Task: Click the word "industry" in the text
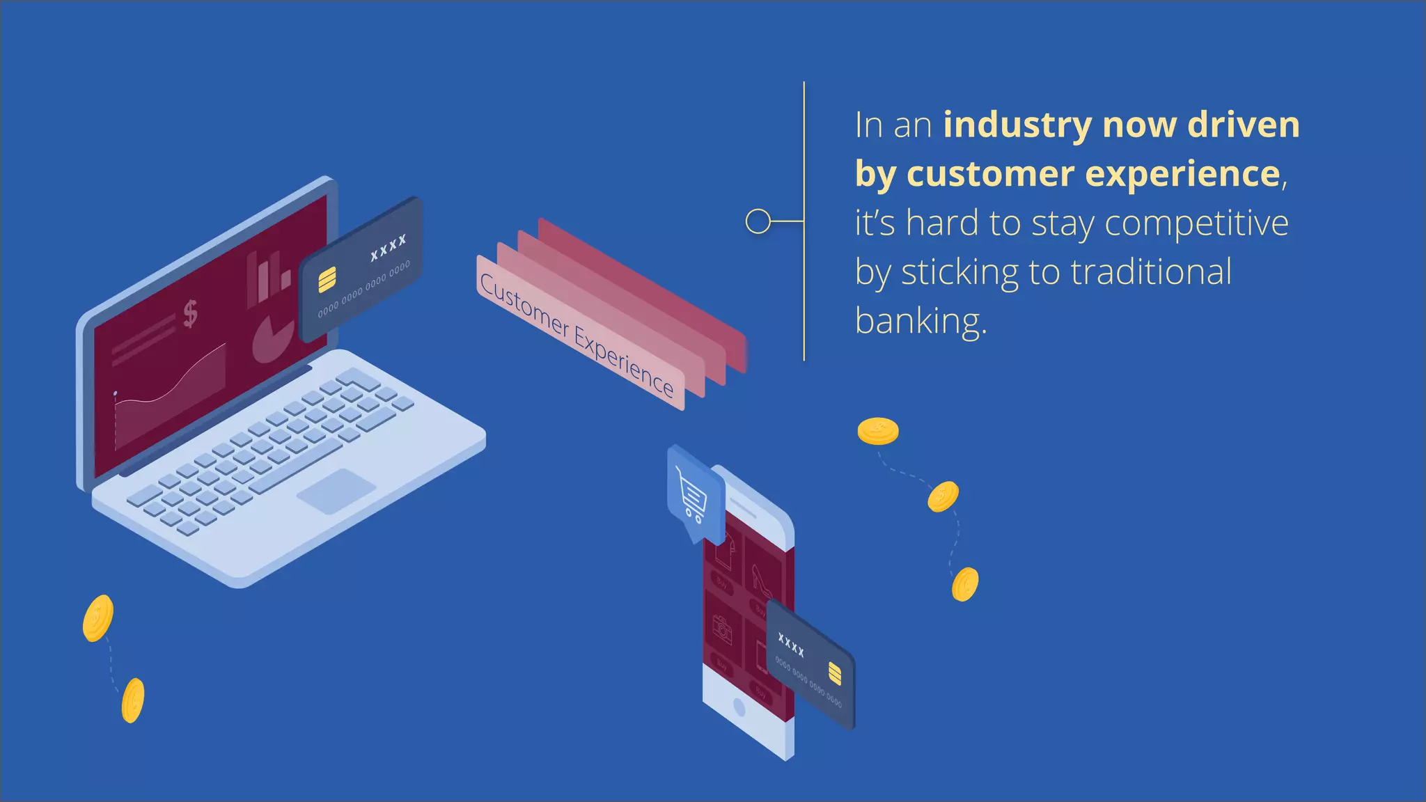(x=1017, y=126)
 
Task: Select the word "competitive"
(x=1196, y=223)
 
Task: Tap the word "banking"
(x=920, y=322)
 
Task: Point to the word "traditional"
(x=1151, y=272)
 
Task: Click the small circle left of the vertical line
(x=758, y=221)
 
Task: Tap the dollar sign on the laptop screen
(x=190, y=313)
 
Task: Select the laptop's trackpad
(x=336, y=491)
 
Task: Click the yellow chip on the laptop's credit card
(x=327, y=280)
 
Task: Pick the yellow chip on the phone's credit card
(x=835, y=674)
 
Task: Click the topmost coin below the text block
(x=877, y=431)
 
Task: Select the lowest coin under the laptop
(x=132, y=700)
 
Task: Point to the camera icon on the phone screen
(x=722, y=629)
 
